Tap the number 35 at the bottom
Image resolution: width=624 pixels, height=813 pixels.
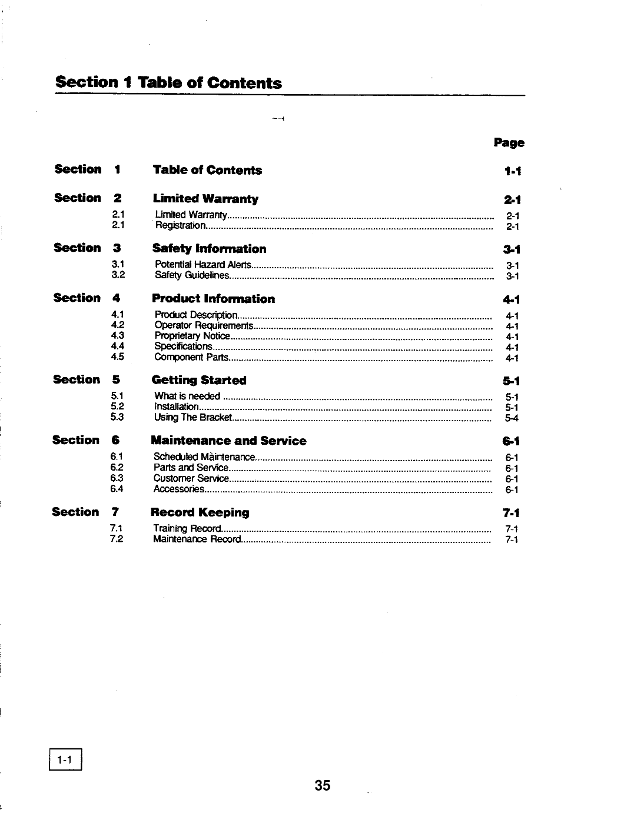323,785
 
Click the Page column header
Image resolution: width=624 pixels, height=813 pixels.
509,143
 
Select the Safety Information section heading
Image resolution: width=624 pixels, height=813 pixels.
209,249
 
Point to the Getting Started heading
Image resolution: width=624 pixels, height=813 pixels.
199,380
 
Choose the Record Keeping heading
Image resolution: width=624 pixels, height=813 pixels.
200,512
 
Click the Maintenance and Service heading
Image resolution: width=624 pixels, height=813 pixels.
228,441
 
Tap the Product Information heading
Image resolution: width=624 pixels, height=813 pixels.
213,299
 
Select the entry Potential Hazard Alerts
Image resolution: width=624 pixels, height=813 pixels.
203,265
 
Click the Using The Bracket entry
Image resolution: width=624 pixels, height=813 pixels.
192,418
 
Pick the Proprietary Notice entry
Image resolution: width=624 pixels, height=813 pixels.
192,336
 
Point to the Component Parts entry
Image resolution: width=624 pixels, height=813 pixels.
191,357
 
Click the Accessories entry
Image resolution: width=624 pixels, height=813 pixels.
179,489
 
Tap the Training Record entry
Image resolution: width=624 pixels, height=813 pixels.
187,529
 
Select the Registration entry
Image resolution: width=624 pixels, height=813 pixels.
180,225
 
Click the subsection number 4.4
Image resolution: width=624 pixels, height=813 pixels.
117,346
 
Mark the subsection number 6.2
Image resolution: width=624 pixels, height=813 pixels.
117,467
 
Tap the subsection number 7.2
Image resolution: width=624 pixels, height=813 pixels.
116,539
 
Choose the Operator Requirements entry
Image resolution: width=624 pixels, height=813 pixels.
204,325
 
